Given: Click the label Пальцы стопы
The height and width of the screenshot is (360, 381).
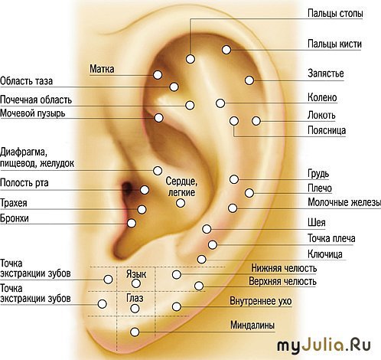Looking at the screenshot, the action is coord(335,13).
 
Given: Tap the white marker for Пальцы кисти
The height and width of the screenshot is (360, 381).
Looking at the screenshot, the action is coord(226,50).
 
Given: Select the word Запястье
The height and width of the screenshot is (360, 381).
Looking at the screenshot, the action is coord(326,74).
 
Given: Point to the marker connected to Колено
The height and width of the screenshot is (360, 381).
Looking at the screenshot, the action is coord(220,103).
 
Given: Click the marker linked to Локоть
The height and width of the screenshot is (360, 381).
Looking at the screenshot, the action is coord(256,121).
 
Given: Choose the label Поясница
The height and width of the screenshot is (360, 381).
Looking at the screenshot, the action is coord(327,130).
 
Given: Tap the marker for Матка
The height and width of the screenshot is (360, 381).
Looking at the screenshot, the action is coord(158,75).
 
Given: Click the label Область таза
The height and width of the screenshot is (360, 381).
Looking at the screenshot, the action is coord(26,81).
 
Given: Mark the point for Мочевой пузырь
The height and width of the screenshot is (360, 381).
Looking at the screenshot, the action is coord(158,118).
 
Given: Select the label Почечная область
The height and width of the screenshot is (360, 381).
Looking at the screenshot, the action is coord(36,100).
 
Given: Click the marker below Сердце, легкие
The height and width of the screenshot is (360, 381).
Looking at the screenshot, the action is coord(181,203).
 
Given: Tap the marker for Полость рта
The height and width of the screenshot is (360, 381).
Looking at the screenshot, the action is coord(145,190).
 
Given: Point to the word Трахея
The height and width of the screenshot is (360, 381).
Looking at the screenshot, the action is coord(14,203).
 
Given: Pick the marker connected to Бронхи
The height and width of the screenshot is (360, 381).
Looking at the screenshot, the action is coord(132,223).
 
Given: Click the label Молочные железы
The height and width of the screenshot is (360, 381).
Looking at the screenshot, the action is coord(344,202).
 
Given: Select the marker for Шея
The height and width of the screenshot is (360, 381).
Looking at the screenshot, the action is coord(207,229).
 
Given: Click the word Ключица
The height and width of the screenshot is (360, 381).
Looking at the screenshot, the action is coord(325,254).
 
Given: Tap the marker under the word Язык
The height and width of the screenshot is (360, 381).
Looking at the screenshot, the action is coord(136,283).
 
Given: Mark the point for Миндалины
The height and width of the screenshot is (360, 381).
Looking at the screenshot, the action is coord(135,332).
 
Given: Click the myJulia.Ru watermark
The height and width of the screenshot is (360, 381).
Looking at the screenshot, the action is coord(324,346).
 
